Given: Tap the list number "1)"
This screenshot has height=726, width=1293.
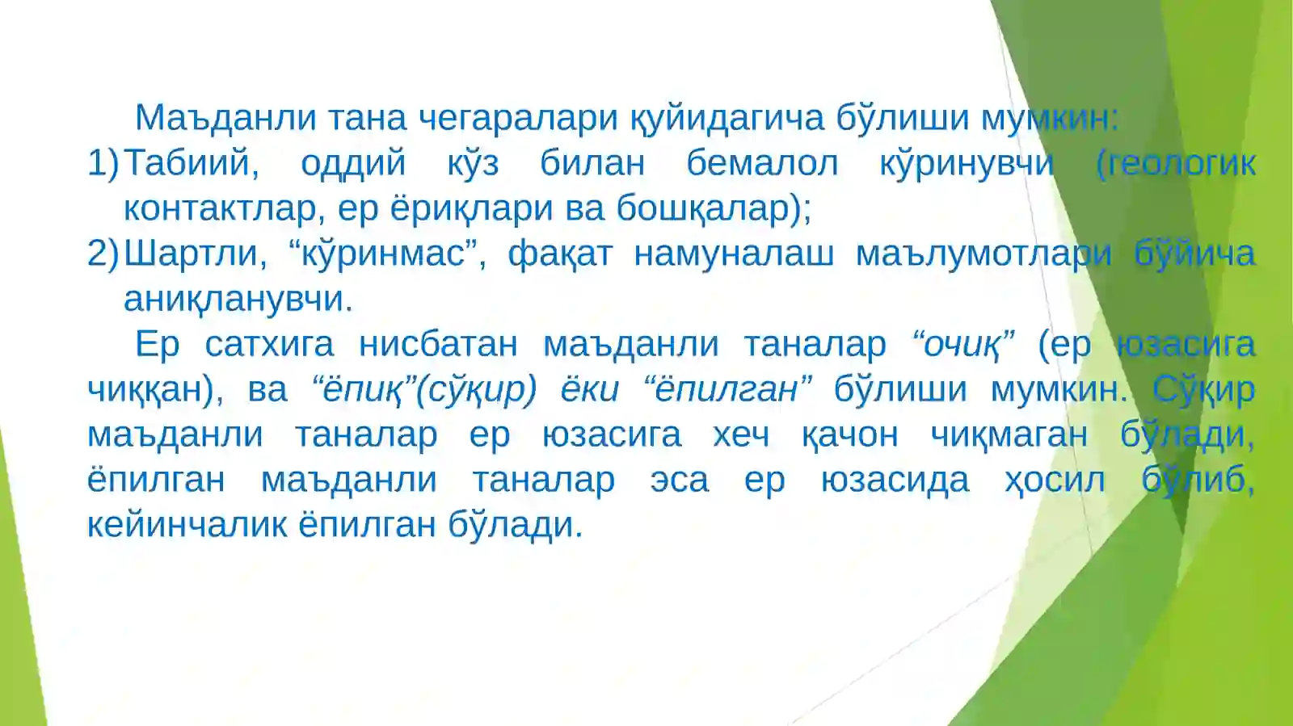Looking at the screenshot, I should coord(103,163).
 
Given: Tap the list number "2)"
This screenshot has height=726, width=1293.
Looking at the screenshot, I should coord(103,254).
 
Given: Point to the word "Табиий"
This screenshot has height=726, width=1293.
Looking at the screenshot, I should coord(192,163).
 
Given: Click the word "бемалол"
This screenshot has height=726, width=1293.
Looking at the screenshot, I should coord(762,163).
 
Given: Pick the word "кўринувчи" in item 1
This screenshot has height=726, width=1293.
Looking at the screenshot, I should coord(967,163).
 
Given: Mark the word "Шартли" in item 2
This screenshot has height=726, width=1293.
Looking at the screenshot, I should coord(195,254).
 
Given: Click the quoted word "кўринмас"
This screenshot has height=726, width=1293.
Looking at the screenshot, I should coord(384,254).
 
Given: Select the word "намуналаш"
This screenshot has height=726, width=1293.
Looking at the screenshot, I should coord(734,254).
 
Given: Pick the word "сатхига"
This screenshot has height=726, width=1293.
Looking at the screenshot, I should coord(269,344).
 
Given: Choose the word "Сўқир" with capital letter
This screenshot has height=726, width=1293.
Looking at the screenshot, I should coord(1203,389).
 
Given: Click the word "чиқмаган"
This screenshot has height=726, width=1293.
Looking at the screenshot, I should coord(1009,434).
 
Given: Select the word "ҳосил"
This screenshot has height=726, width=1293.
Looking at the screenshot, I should coord(1055,480).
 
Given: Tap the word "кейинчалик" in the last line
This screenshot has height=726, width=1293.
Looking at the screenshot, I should coord(187,525).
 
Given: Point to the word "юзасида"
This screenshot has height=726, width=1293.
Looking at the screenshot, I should coord(895,480).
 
